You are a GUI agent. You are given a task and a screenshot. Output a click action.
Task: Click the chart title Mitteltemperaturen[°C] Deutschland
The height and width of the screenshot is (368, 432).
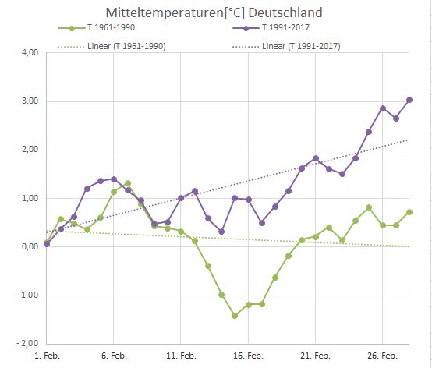click(x=215, y=12)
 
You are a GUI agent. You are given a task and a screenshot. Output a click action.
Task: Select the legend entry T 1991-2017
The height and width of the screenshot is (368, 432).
click(x=299, y=29)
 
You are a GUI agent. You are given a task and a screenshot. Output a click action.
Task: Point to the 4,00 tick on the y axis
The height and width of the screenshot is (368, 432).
click(x=27, y=53)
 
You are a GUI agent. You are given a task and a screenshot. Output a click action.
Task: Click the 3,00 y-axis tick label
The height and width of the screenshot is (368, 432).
click(x=27, y=101)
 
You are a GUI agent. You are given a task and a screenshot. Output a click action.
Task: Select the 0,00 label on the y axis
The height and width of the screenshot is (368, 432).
click(x=27, y=246)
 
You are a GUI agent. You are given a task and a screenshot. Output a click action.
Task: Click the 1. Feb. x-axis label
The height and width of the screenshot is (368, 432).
click(x=47, y=356)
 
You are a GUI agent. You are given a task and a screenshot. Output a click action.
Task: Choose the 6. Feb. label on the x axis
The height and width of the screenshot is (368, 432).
click(x=114, y=356)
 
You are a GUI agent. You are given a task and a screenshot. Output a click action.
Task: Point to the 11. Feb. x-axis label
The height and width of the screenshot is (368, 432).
click(x=181, y=356)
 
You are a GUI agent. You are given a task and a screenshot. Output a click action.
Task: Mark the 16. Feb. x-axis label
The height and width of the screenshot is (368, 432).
click(x=248, y=356)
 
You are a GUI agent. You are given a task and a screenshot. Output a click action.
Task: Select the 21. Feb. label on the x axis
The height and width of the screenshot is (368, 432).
click(x=315, y=356)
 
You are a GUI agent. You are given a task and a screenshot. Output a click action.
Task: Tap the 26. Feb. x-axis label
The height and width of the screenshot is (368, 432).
click(x=382, y=356)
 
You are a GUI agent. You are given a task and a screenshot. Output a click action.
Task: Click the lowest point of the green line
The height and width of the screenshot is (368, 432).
click(x=235, y=316)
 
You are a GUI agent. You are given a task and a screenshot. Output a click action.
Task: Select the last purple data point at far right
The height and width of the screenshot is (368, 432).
click(x=409, y=100)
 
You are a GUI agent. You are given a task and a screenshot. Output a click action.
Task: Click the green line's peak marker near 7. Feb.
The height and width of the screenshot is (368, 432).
click(x=128, y=184)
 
